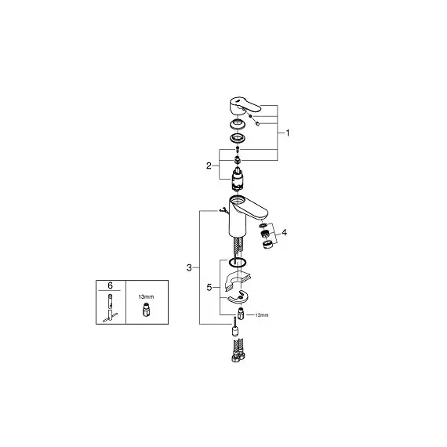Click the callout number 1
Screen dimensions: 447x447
[x=288, y=133]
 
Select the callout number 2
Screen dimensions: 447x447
[x=209, y=165]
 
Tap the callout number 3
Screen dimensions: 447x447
[x=189, y=267]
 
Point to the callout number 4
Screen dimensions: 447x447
[x=284, y=233]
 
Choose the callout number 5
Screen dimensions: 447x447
[x=209, y=288]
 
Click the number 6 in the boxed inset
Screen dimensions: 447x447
[x=110, y=285]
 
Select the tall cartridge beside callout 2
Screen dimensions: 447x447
[x=238, y=180]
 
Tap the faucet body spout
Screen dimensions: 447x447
[x=248, y=214]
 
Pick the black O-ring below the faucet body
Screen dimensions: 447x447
[x=238, y=263]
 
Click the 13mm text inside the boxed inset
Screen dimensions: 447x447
[x=146, y=296]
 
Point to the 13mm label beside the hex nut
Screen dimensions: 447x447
[x=261, y=315]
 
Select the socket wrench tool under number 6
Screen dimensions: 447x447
[x=110, y=308]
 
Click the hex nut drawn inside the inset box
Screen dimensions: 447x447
[x=146, y=310]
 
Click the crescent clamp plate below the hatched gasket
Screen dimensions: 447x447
[x=238, y=297]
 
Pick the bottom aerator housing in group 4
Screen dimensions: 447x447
[x=267, y=245]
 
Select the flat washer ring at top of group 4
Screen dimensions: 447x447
[x=263, y=226]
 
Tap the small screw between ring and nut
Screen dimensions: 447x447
[x=238, y=149]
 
